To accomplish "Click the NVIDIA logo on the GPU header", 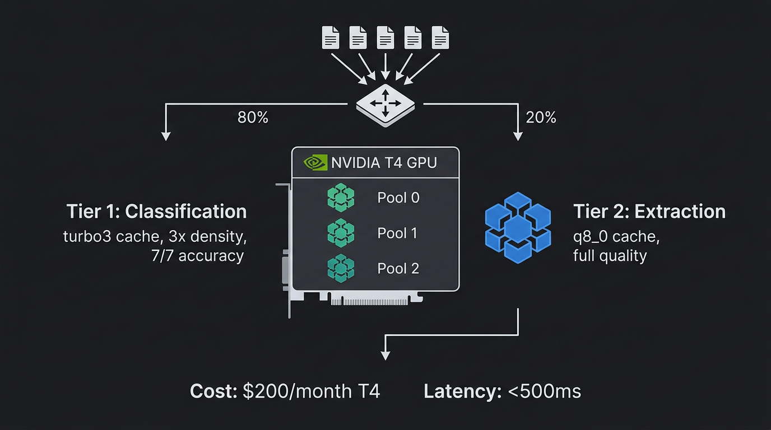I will [315, 162].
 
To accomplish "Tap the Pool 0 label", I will [398, 198].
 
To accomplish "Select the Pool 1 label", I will [397, 233].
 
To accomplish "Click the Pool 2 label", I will [398, 268].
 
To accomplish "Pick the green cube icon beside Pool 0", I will [341, 198].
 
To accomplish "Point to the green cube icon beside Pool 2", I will [341, 268].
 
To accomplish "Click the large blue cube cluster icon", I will [518, 227].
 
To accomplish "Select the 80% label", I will [253, 118].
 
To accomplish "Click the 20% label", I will [541, 118].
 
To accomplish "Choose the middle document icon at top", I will [386, 38].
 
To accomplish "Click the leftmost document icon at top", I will [330, 38].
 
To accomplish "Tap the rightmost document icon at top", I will [440, 38].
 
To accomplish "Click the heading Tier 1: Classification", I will [156, 212].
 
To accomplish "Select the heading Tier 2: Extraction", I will [649, 212].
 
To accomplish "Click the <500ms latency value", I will [544, 391].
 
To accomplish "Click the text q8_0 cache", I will [616, 236].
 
